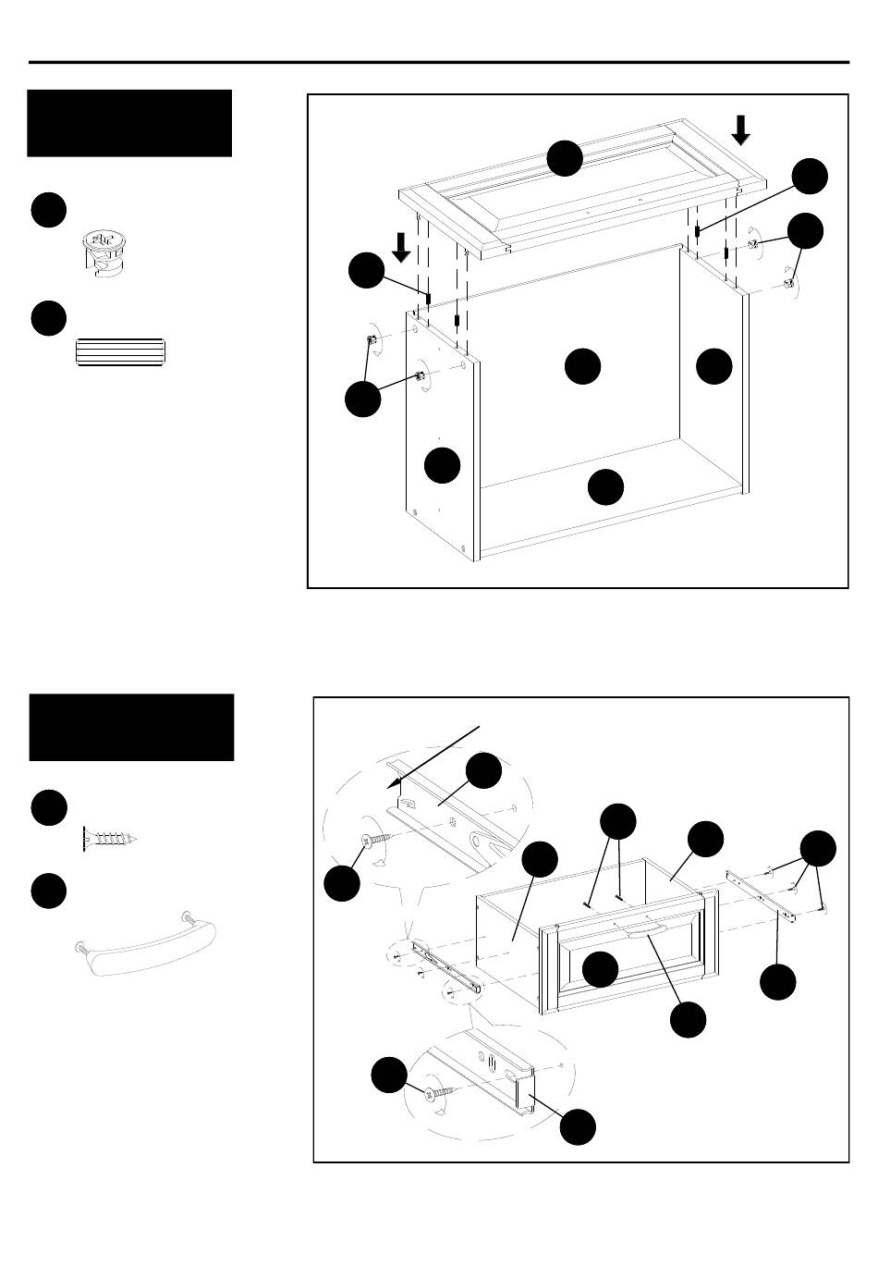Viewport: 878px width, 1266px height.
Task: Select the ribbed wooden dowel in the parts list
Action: click(120, 353)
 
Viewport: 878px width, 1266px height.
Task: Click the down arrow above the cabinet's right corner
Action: click(740, 129)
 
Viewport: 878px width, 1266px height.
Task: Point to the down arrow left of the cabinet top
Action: click(401, 247)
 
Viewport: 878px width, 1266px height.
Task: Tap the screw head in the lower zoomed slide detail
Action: click(434, 1094)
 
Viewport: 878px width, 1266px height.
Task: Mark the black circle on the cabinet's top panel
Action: click(564, 158)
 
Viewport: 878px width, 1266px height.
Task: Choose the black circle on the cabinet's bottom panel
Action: click(605, 487)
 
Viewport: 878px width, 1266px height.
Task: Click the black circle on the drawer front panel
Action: click(601, 968)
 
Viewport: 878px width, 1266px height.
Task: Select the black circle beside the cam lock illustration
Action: click(48, 210)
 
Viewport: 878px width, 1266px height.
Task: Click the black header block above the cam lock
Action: click(129, 123)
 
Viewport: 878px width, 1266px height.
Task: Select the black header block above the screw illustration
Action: click(131, 727)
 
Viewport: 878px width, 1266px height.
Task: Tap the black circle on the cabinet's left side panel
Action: click(443, 464)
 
